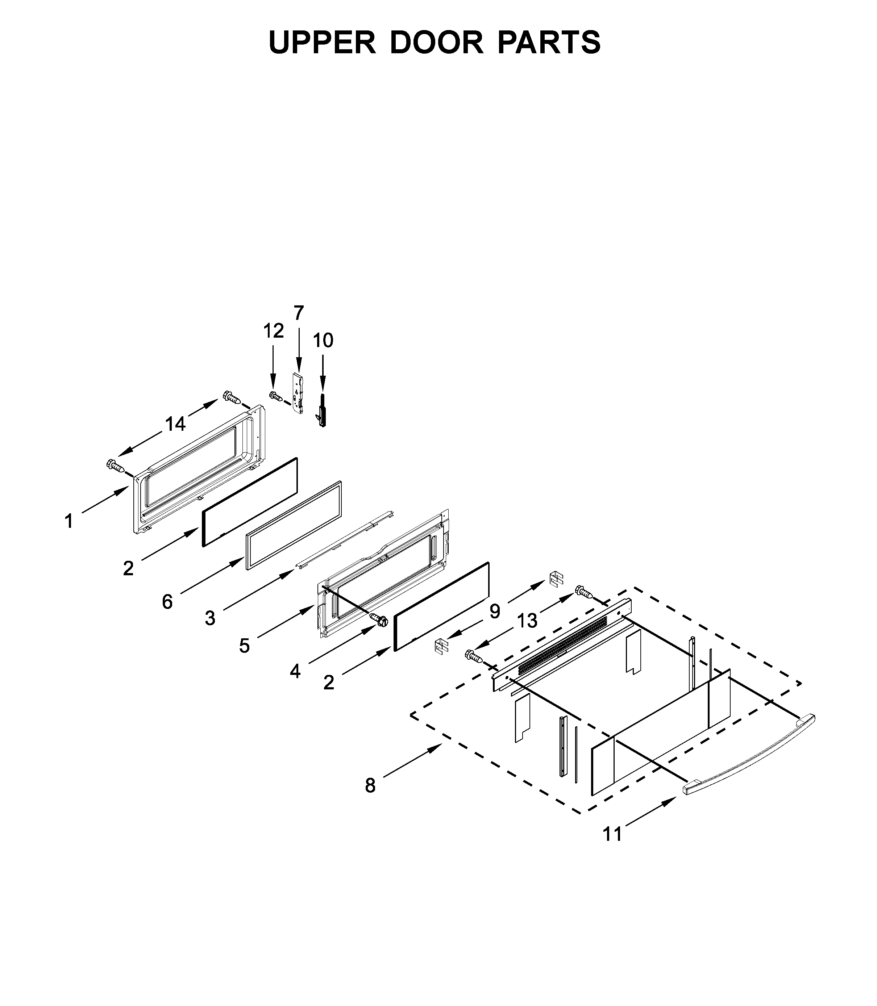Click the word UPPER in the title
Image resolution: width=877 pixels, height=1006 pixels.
point(322,43)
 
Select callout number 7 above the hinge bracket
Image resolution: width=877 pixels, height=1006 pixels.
point(299,313)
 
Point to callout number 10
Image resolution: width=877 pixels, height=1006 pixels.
point(323,340)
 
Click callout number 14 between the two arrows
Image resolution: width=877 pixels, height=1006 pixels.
point(175,424)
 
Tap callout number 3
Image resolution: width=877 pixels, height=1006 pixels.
point(210,618)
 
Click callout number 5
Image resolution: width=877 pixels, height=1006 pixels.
point(244,646)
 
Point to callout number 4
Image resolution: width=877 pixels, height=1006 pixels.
point(295,672)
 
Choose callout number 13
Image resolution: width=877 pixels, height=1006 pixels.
point(527,621)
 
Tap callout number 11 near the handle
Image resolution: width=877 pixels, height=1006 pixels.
point(612,834)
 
